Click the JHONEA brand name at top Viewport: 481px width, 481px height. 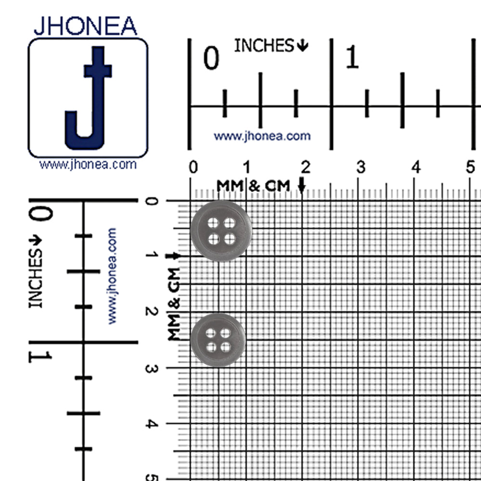(85, 26)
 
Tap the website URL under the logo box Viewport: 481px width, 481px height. (88, 165)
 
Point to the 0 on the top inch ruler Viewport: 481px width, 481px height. (211, 58)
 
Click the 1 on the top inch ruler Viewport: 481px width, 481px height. (352, 57)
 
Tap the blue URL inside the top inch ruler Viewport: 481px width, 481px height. (262, 136)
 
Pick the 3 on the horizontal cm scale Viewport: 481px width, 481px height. (361, 167)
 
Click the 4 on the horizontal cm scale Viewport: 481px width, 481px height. (416, 167)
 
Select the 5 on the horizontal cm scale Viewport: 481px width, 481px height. (470, 167)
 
